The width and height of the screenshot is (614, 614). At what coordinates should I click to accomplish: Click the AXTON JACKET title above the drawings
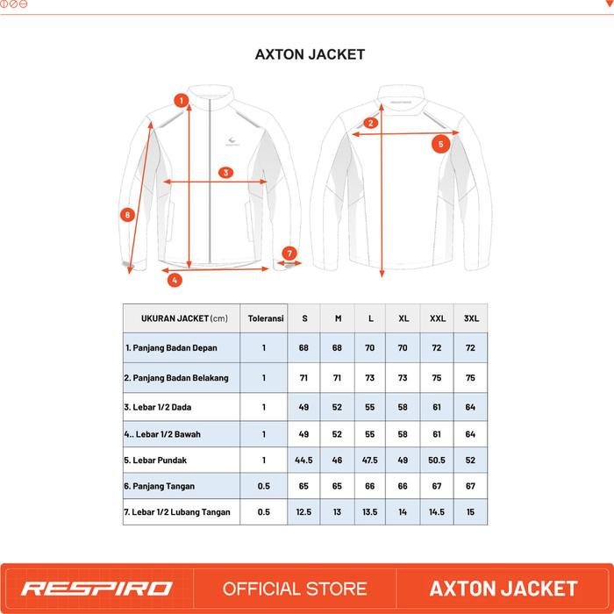[x=310, y=54]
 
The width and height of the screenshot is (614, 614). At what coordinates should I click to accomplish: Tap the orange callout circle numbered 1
[x=180, y=101]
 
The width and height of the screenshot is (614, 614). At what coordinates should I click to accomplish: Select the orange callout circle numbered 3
[x=225, y=173]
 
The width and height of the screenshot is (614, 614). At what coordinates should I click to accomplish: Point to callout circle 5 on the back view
[x=441, y=143]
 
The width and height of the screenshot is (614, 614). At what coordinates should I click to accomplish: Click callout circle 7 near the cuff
[x=290, y=253]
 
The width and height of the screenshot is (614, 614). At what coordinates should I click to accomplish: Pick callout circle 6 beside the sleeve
[x=127, y=213]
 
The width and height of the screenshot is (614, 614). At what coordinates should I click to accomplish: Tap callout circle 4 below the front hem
[x=175, y=281]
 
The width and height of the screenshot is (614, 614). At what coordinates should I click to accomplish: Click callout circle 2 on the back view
[x=371, y=123]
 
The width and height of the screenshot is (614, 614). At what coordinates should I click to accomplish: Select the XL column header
[x=403, y=318]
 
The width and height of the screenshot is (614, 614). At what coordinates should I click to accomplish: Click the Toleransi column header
[x=264, y=318]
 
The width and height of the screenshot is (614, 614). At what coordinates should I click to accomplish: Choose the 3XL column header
[x=470, y=318]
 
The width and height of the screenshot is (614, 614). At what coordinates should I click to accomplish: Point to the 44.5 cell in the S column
[x=304, y=459]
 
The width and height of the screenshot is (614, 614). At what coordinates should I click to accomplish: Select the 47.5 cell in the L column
[x=370, y=459]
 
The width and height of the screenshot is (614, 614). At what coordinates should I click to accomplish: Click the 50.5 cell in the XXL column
[x=437, y=459]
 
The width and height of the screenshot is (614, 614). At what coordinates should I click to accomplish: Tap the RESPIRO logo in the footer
[x=97, y=588]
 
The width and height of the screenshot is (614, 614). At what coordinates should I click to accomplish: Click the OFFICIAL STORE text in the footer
[x=295, y=588]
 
